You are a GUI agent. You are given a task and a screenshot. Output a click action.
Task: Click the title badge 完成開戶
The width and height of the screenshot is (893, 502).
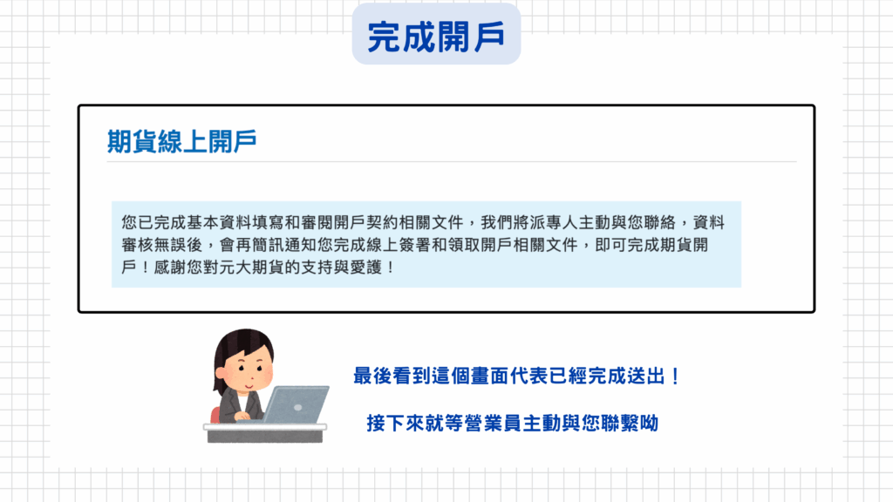coord(436,34)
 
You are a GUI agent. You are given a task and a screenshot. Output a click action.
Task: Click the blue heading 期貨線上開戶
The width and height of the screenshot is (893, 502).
coord(181,141)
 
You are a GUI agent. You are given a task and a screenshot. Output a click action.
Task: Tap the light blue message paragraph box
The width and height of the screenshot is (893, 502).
coord(426,244)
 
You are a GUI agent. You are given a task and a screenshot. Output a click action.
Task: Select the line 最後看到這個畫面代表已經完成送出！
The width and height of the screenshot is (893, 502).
coord(516,376)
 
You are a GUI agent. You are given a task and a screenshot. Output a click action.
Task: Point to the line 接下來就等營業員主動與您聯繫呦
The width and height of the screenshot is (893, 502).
coord(513,423)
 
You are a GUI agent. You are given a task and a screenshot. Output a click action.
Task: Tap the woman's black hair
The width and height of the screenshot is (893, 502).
coord(242,353)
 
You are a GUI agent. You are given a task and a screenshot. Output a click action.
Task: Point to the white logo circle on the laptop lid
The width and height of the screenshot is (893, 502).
coord(298,408)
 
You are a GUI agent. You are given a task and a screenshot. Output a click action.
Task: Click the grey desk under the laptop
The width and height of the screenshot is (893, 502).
coord(265,433)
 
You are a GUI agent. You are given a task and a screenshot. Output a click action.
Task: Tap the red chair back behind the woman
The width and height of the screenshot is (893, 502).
coord(215,415)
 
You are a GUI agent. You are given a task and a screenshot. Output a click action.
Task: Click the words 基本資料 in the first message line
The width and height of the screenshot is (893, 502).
coord(219,222)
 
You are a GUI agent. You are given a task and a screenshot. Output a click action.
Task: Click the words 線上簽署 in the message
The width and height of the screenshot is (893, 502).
coord(399,245)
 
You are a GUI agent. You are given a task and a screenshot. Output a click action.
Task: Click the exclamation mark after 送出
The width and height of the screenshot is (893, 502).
coord(676,376)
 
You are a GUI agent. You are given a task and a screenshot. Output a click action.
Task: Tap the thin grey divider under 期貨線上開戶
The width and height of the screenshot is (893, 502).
coord(452,161)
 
